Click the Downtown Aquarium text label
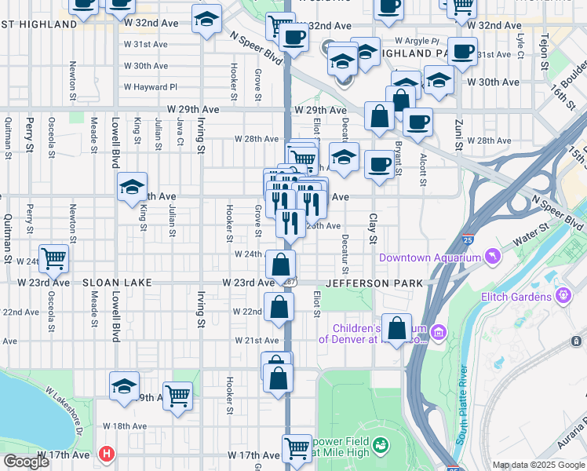click(429, 257)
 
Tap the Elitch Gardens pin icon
click(563, 296)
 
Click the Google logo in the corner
click(26, 462)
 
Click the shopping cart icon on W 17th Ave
click(297, 448)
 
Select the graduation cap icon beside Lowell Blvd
click(133, 187)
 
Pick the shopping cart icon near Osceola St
click(53, 257)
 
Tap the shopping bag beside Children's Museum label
click(398, 327)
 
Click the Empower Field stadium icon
click(381, 445)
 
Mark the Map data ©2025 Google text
click(538, 465)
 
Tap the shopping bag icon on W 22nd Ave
click(279, 308)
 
